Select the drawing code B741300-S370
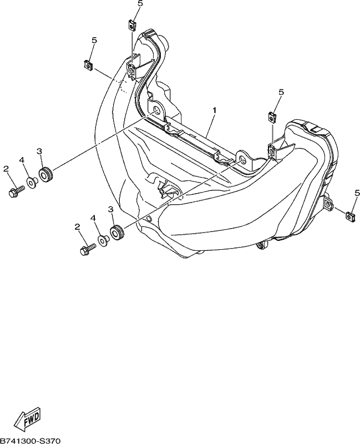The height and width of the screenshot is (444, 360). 31,441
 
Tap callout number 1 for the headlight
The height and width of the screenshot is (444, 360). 215,110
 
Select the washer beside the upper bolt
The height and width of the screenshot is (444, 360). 32,183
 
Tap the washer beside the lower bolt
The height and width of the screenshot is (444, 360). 103,241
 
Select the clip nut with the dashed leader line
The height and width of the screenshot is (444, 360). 89,65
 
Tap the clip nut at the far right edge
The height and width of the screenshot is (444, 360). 351,216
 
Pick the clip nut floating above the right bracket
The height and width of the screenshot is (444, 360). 272,117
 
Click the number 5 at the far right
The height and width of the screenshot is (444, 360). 357,193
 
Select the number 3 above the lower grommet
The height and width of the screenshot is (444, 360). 110,210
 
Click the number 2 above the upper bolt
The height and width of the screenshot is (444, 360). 6,169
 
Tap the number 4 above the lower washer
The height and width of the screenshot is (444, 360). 93,218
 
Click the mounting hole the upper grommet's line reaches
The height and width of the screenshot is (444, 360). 155,110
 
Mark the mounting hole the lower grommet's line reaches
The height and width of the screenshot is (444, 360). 242,159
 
